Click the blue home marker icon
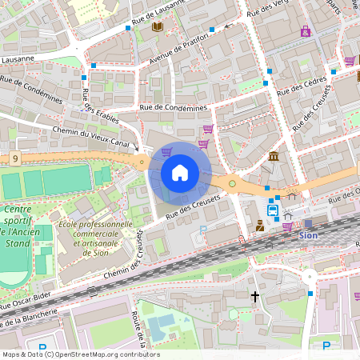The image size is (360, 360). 180,173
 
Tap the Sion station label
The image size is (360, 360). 308,235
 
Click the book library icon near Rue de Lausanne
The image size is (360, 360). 157,27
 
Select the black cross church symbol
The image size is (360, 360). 255,297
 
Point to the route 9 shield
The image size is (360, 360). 15,159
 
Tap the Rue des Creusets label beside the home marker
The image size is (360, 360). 193,206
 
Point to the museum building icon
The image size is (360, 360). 274,155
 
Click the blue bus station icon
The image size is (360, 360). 273,210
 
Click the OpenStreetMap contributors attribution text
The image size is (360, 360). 80,354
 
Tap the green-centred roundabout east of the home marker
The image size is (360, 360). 232,184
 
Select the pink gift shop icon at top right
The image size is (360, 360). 306,31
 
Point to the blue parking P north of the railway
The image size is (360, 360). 202,230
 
